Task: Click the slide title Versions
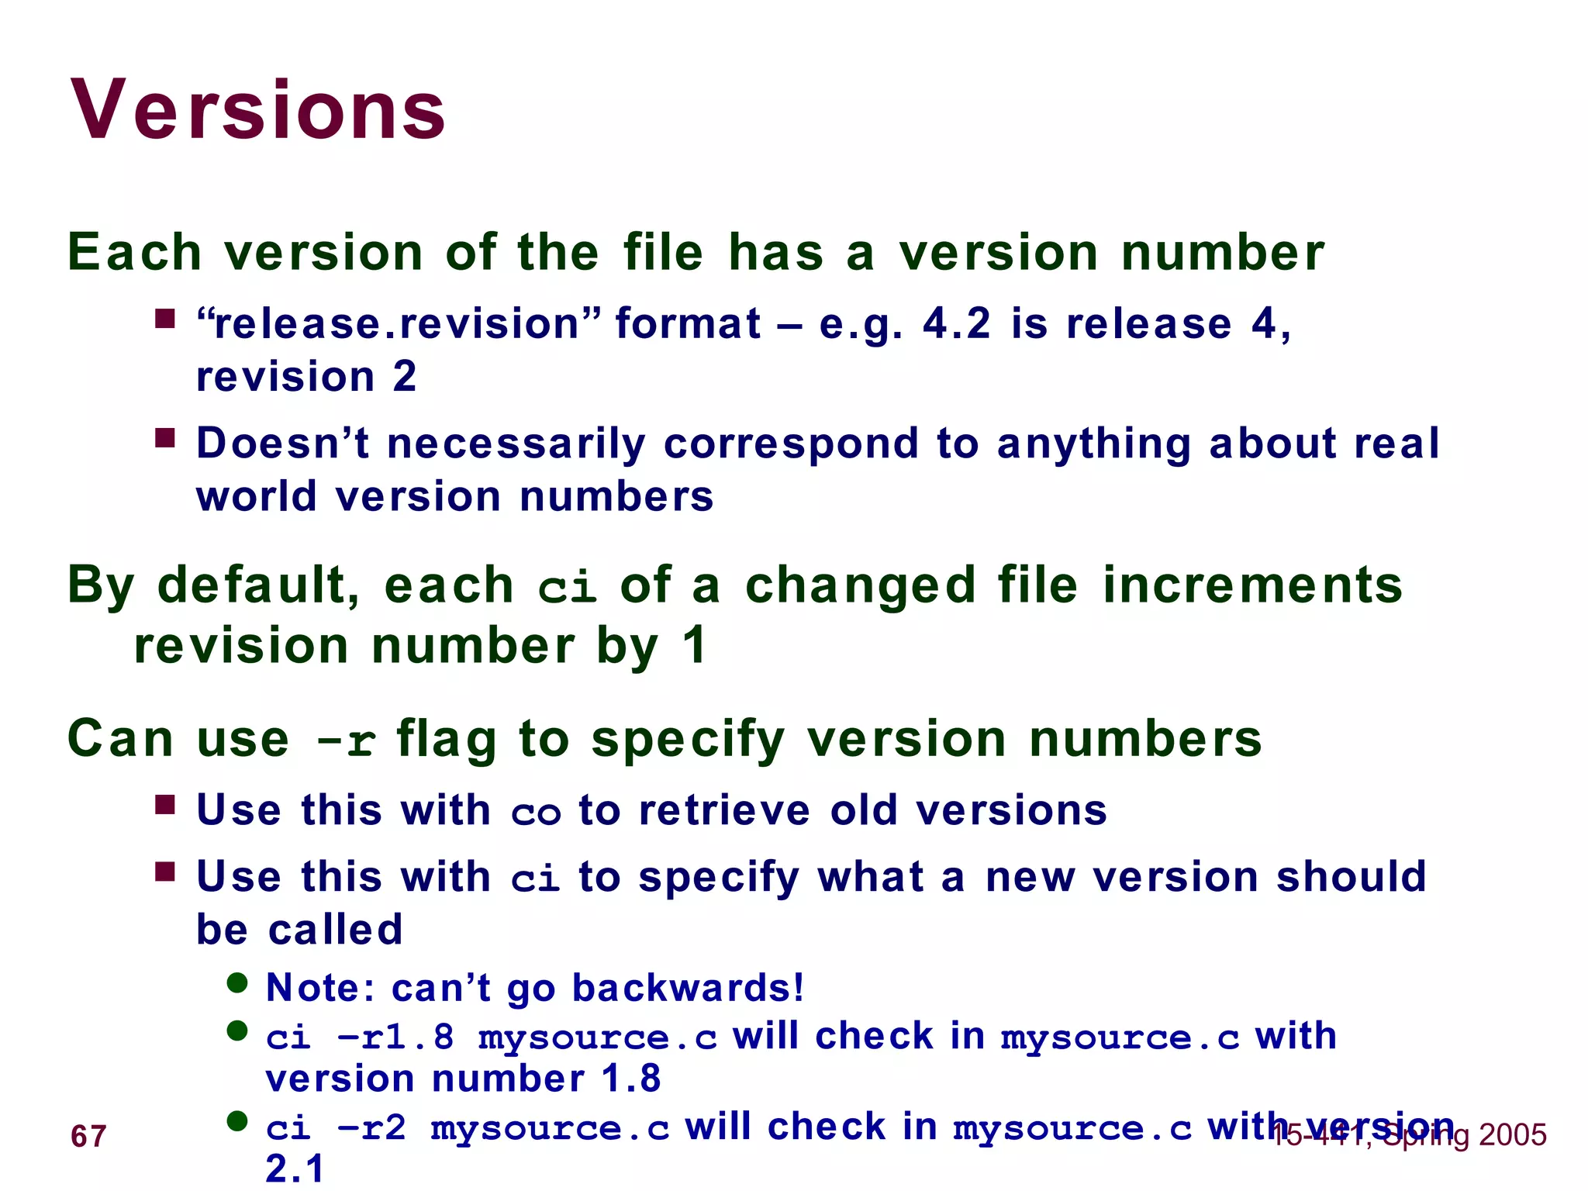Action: pos(258,110)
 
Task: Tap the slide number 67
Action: pos(88,1137)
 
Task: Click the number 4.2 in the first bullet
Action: pos(956,323)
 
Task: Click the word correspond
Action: pos(791,444)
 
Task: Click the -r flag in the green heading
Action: pos(347,740)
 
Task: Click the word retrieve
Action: pos(724,811)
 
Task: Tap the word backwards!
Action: pos(688,988)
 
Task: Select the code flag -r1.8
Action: pos(396,1037)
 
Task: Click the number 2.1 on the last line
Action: pos(294,1169)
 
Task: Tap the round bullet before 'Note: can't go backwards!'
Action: pos(237,983)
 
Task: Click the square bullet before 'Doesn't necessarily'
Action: pos(165,439)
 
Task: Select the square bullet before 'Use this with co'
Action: pos(165,805)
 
